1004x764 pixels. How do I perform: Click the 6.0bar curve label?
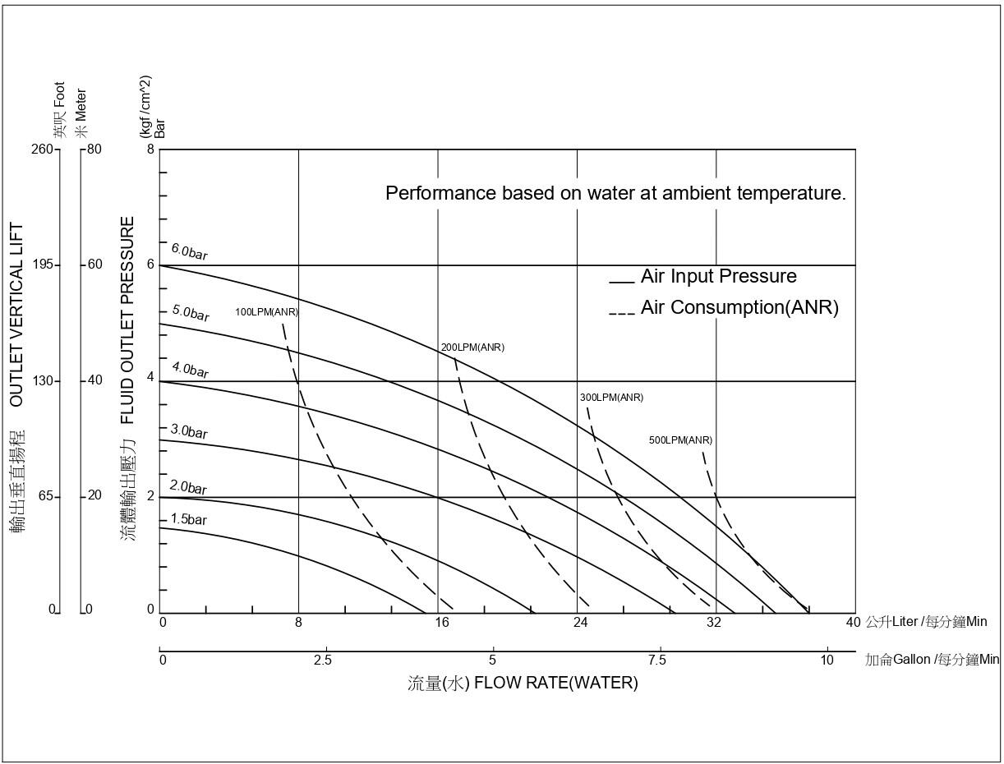coord(189,251)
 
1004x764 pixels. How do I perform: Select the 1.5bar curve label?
coord(189,520)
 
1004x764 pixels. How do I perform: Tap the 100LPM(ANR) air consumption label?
coord(266,312)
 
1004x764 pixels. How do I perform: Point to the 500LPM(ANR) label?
coord(680,440)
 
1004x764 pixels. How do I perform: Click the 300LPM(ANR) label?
coord(611,398)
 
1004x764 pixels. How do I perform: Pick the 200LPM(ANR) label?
coord(472,347)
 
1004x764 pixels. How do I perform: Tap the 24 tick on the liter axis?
coord(580,623)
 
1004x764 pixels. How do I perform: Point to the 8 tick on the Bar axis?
coord(150,150)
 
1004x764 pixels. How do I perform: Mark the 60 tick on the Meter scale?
coord(94,265)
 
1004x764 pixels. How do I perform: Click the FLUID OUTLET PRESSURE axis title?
coord(128,320)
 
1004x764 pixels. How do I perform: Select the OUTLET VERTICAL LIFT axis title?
coord(16,315)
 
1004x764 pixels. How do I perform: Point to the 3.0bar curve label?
coord(189,431)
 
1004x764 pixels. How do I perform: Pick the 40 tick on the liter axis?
coord(853,623)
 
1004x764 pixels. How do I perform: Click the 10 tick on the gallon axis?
coord(827,660)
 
